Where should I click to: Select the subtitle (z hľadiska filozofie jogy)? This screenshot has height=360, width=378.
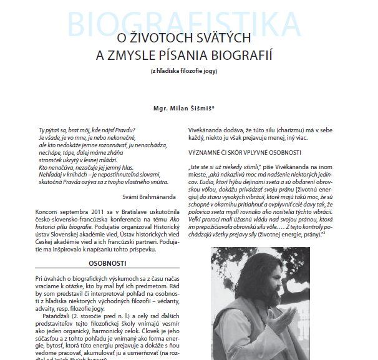pos(188,73)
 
